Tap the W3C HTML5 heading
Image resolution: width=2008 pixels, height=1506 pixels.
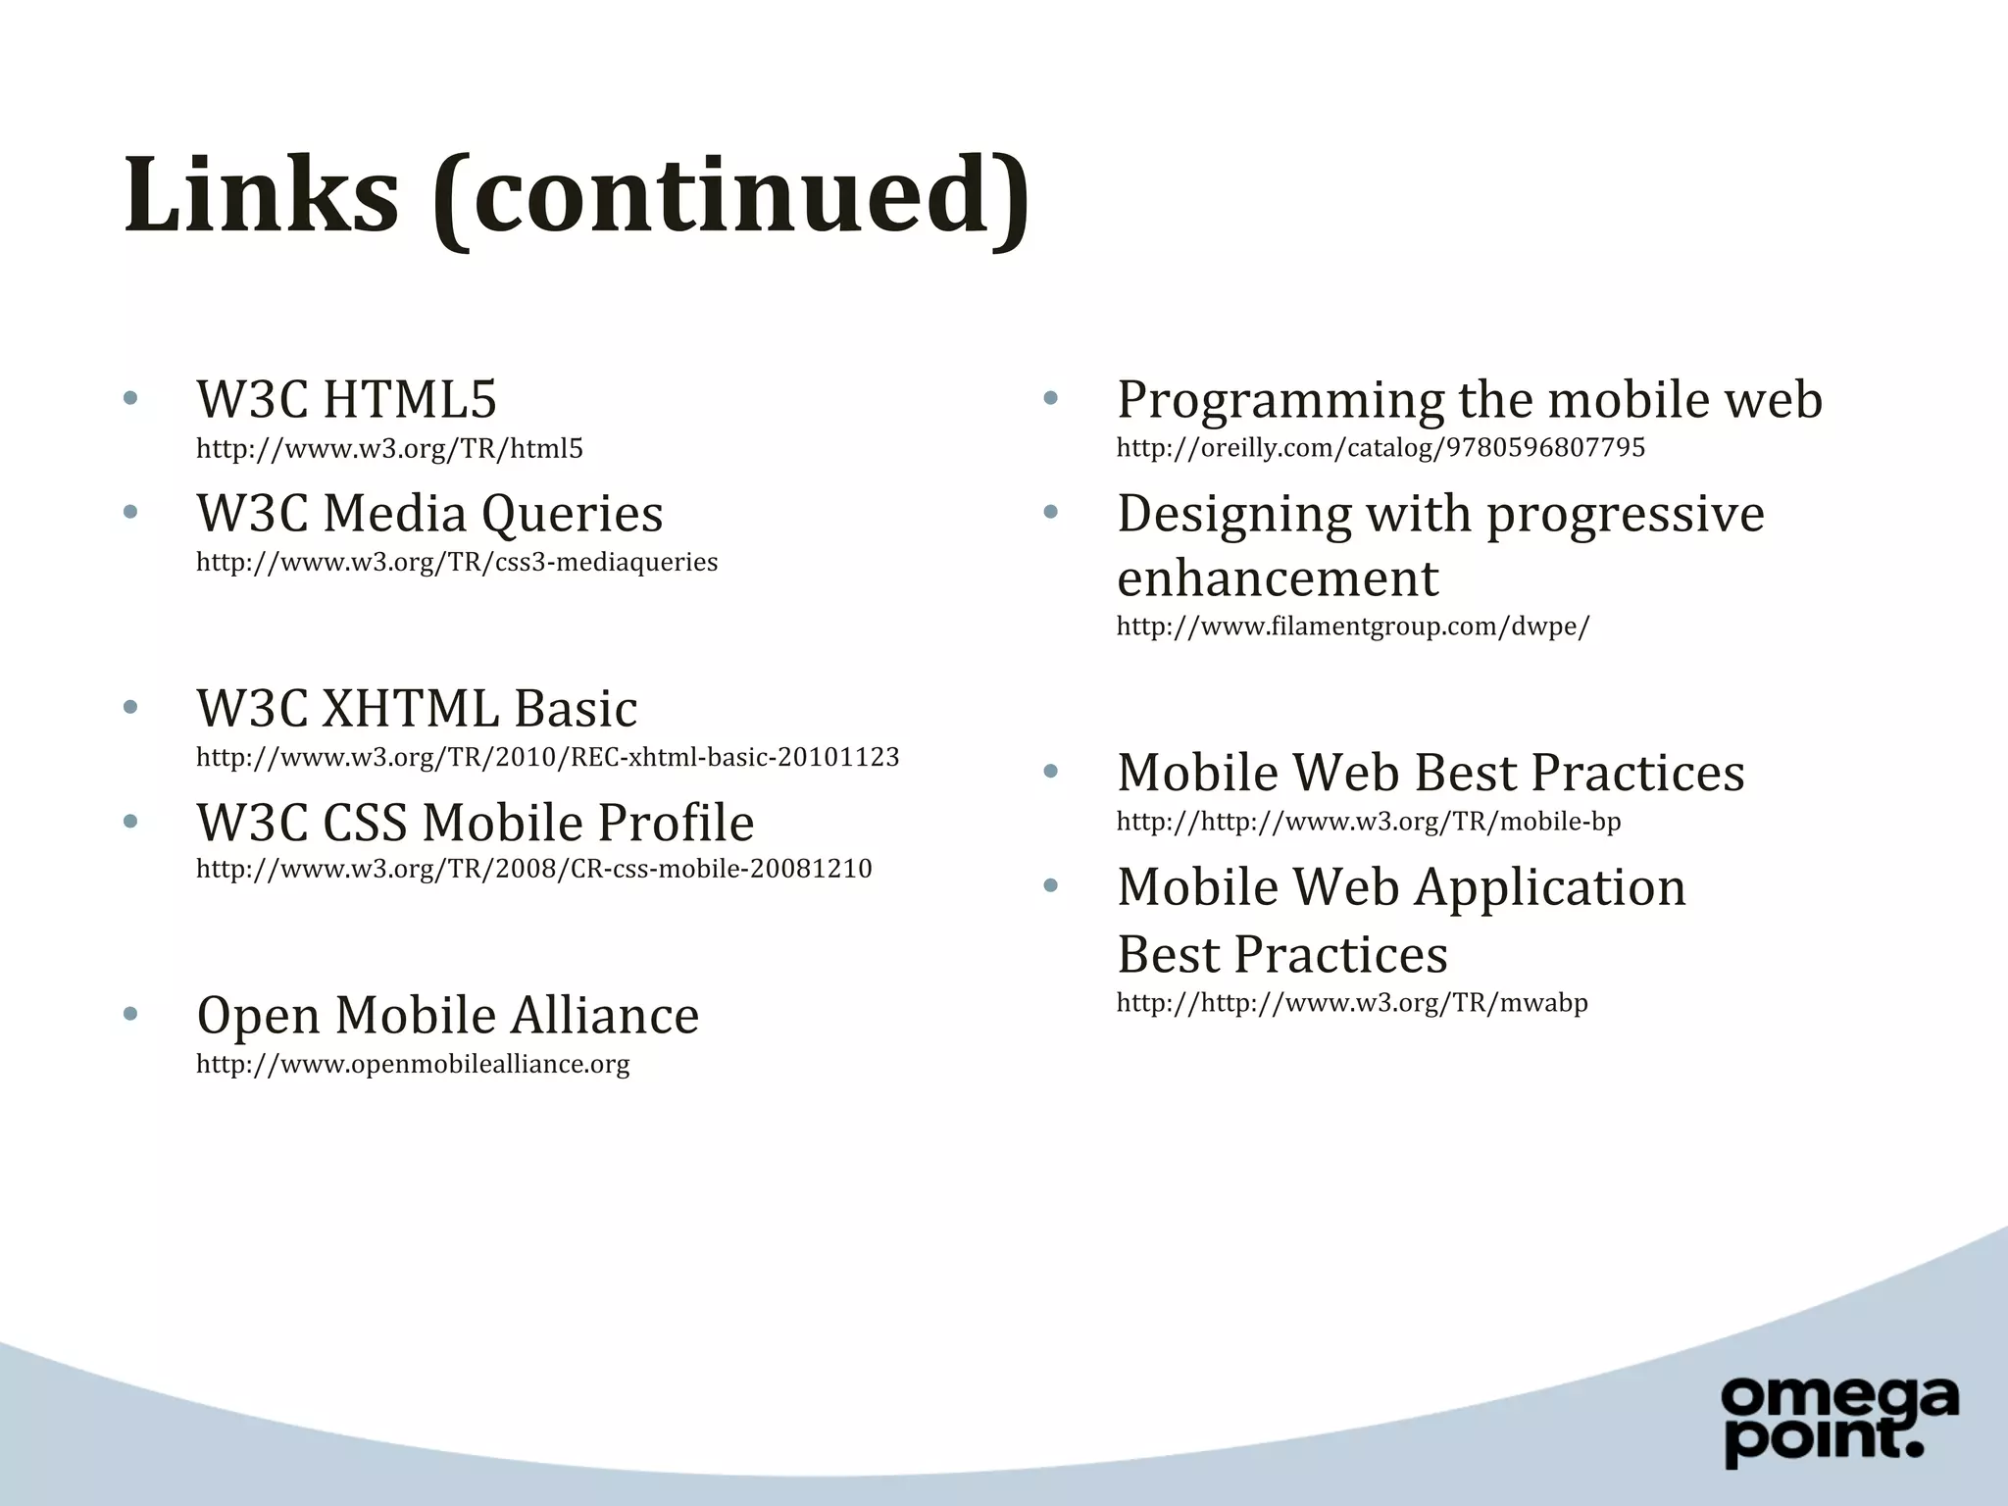[347, 400]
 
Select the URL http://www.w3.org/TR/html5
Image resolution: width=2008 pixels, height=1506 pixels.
[389, 449]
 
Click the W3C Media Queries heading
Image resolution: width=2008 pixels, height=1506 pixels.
[429, 514]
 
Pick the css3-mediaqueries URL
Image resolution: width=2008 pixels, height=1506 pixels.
[457, 563]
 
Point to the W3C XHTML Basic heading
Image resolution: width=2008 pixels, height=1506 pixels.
[417, 709]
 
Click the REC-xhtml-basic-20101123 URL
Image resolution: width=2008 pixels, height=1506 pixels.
[547, 757]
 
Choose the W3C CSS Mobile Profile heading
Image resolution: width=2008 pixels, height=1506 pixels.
[476, 822]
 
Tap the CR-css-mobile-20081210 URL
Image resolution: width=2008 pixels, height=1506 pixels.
[533, 869]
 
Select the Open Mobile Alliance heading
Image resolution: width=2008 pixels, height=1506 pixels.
[448, 1015]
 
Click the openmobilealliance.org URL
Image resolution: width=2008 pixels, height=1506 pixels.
[413, 1064]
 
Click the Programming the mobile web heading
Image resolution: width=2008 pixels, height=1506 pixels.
[1469, 400]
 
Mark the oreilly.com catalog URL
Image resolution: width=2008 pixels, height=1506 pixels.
[1380, 448]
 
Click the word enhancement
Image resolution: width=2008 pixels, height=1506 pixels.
[1278, 577]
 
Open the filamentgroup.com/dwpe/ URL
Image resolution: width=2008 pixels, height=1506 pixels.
[1353, 627]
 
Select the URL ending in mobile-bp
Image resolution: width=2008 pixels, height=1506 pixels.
[1369, 822]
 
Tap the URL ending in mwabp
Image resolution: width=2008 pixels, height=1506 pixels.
[1352, 1003]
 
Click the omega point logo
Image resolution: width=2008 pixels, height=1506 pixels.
[1839, 1421]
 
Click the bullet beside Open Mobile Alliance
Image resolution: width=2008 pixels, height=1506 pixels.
[130, 1014]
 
